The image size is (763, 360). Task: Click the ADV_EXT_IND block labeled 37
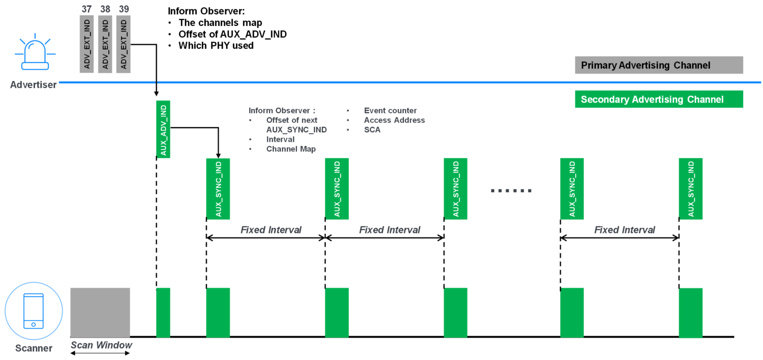click(87, 44)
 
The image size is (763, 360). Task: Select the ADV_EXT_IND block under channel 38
click(105, 44)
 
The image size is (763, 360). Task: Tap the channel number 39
click(124, 9)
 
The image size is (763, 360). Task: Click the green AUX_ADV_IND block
click(163, 129)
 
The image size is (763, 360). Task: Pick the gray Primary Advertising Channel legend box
click(658, 65)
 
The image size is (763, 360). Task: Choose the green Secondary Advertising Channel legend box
click(658, 99)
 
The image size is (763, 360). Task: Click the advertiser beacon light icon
click(35, 53)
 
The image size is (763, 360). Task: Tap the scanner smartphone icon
click(34, 311)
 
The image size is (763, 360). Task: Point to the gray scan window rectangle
click(100, 312)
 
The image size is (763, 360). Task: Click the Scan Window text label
click(101, 345)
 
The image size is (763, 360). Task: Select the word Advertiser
click(33, 85)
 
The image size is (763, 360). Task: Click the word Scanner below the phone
click(34, 348)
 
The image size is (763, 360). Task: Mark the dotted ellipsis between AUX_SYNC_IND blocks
click(511, 191)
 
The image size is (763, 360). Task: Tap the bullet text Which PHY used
click(216, 46)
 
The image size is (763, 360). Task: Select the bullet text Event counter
click(390, 111)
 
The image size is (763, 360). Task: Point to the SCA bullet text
click(372, 130)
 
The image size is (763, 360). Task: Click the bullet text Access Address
click(394, 120)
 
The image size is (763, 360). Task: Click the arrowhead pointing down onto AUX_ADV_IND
click(156, 93)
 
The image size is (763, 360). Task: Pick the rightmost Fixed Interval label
click(624, 230)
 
